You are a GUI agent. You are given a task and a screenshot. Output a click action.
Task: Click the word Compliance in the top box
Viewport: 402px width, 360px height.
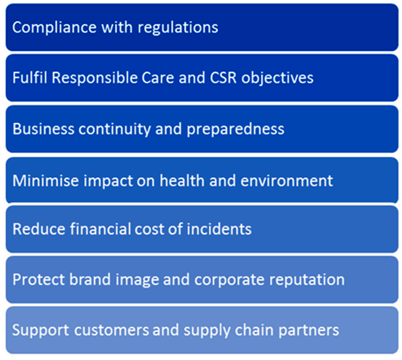tap(54, 28)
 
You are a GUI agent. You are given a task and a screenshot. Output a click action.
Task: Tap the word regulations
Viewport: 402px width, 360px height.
tap(178, 28)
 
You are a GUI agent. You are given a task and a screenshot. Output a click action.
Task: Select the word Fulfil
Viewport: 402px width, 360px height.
tap(30, 77)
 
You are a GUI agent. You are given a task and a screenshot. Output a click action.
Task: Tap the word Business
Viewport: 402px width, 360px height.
tap(43, 128)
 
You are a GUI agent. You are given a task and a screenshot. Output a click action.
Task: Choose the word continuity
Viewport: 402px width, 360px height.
tap(115, 129)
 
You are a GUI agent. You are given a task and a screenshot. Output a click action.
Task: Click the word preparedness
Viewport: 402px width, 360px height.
tap(235, 129)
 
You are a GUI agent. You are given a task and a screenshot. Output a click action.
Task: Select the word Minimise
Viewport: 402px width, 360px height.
tap(46, 181)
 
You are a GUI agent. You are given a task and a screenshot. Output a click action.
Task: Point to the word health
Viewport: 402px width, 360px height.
tap(182, 181)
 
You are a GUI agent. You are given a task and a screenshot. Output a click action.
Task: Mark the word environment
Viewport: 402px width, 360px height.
tap(286, 181)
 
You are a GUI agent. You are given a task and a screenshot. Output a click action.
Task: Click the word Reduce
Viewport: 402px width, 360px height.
tap(39, 228)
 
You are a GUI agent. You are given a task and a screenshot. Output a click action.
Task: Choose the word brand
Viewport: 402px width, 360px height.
tap(90, 279)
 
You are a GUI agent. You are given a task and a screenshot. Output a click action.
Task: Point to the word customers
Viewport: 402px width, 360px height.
tap(111, 330)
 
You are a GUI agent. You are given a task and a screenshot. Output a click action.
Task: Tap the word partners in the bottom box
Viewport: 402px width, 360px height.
tap(309, 331)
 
